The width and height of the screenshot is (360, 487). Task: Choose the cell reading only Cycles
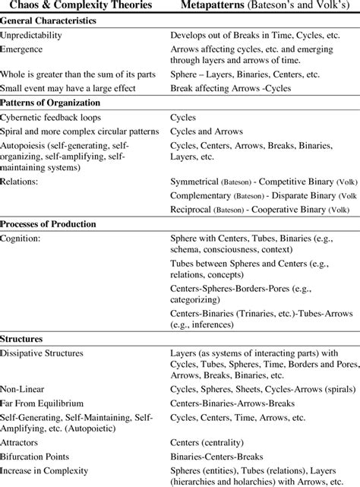point(185,118)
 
